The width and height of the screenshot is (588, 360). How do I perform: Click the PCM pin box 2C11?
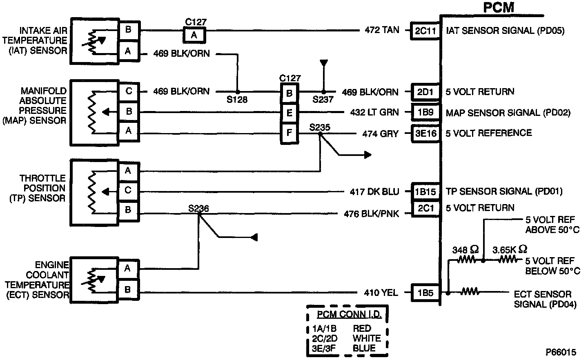[x=425, y=31]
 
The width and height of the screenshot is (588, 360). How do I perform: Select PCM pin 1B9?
[x=425, y=112]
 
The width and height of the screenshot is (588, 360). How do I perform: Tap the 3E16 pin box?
[x=425, y=133]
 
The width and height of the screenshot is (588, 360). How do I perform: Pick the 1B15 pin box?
[x=425, y=191]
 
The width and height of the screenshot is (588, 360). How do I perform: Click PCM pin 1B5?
[x=425, y=292]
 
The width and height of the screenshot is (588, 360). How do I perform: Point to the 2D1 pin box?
[x=425, y=92]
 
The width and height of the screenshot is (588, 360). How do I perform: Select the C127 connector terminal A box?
[x=194, y=35]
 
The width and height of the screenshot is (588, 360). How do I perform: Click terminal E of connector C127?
[x=289, y=113]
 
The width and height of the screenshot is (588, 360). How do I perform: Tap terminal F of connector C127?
[x=289, y=133]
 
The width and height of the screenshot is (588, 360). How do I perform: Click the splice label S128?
[x=237, y=100]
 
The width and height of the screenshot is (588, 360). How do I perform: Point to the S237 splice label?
[x=323, y=100]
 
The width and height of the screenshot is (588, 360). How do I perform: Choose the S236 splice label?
[x=198, y=209]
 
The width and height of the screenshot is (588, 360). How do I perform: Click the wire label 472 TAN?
[x=382, y=30]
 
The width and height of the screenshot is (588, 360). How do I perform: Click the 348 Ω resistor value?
[x=465, y=250]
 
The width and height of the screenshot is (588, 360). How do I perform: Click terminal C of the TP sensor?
[x=128, y=190]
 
